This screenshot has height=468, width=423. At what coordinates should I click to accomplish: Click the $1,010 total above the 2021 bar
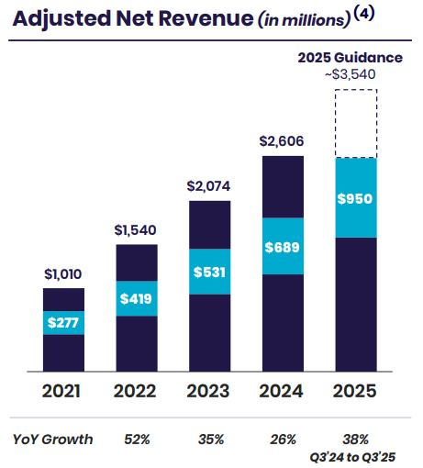63,273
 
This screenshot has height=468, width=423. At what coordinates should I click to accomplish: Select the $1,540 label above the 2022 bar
136,229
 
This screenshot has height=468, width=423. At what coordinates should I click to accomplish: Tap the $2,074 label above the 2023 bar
209,185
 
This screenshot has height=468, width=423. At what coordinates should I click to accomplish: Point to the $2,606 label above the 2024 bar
284,141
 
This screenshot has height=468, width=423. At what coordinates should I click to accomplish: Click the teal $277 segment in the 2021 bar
63,322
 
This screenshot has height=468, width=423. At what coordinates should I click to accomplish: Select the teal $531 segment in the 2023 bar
209,273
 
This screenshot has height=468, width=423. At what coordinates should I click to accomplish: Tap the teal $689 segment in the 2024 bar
284,247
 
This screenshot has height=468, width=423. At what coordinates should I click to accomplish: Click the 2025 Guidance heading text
350,58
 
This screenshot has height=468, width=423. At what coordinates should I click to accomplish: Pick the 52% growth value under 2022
136,439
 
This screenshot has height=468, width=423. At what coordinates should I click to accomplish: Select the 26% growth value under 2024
284,439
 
